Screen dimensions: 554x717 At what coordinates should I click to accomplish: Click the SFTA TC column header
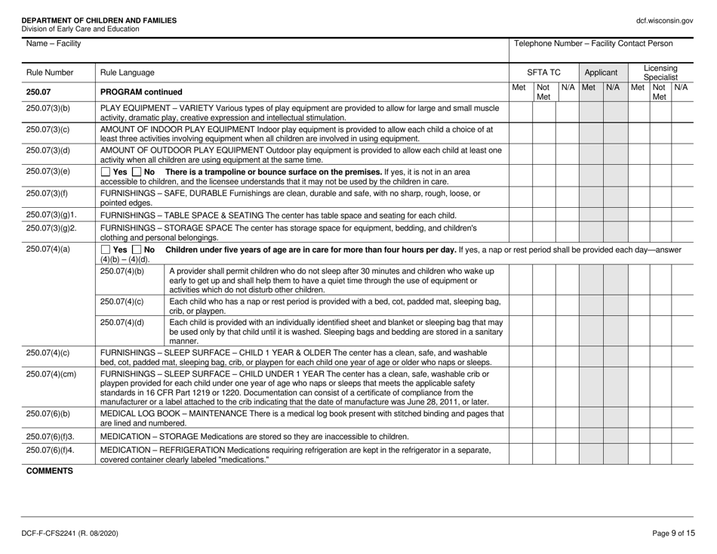544,73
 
